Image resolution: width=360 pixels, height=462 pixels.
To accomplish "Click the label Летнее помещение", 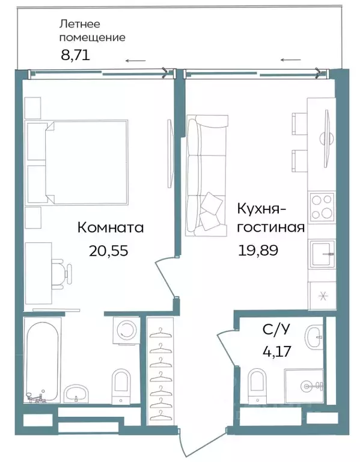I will pyautogui.click(x=92, y=31).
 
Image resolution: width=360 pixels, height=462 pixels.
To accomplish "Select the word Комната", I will pyautogui.click(x=110, y=228).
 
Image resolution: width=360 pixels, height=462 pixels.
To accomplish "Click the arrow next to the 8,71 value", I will pyautogui.click(x=135, y=60).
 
